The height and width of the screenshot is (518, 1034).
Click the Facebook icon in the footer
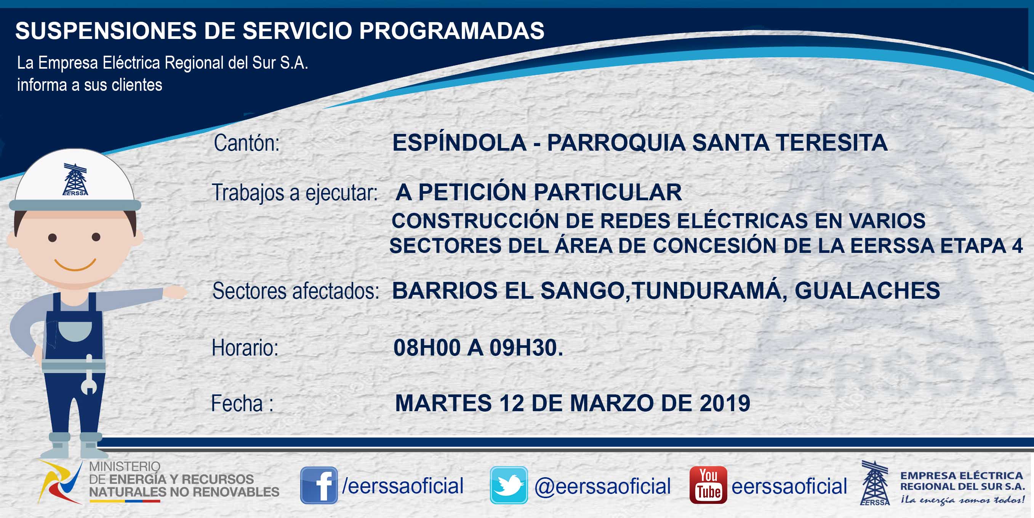319,485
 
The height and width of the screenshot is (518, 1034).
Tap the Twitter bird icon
509,485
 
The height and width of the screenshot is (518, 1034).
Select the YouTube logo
708,485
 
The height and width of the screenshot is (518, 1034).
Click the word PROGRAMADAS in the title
451,31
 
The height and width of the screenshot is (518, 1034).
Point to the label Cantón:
246,143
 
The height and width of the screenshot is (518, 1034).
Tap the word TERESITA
831,143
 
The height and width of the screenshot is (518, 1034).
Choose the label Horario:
245,347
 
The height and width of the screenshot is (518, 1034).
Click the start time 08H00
427,347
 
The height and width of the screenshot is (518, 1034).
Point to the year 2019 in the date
725,403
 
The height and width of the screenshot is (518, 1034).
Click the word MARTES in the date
443,403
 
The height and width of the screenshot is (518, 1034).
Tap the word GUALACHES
867,290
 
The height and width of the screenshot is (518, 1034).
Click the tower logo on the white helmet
75,179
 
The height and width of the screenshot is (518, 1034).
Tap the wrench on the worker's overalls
89,375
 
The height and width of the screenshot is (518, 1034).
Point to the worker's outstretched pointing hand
175,292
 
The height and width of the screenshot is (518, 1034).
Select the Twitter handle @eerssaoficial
602,486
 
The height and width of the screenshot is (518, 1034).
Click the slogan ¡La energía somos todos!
962,500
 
